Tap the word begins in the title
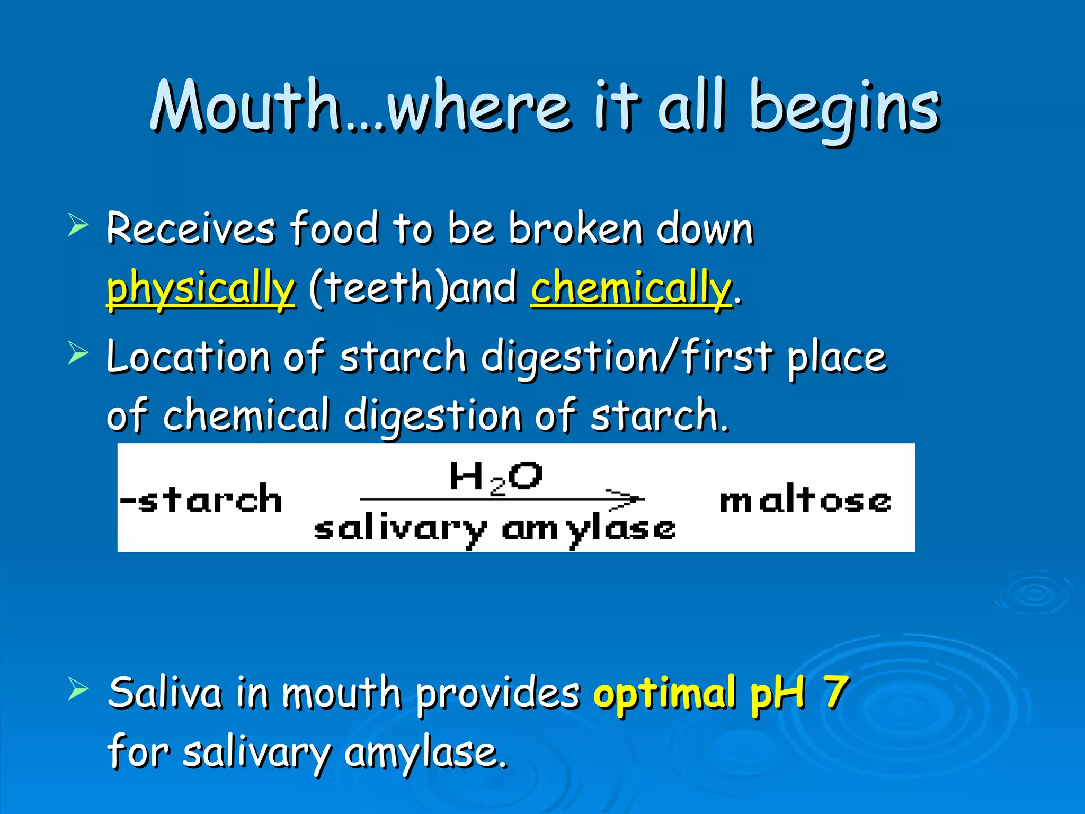844,109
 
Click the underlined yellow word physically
200,289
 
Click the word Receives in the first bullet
191,229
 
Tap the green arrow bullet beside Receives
78,225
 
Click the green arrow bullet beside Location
78,353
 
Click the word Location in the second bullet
188,357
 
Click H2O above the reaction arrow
495,477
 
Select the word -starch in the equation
201,499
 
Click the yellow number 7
835,692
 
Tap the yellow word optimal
665,693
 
